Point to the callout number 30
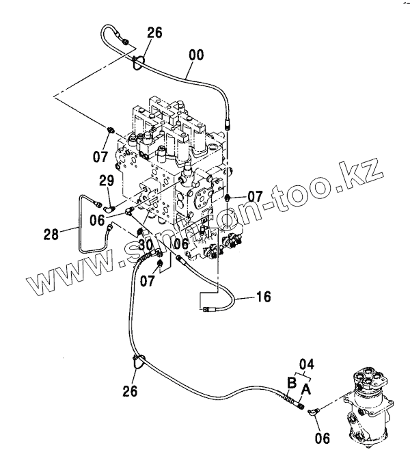[144, 244]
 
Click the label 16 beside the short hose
[263, 297]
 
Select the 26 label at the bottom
[130, 391]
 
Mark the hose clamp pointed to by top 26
[138, 62]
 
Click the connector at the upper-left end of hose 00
[126, 43]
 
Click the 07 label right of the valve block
[255, 196]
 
